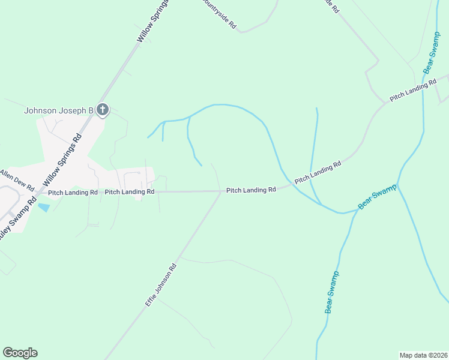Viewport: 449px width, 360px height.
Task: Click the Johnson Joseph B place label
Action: point(58,110)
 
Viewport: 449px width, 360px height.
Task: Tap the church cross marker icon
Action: point(103,110)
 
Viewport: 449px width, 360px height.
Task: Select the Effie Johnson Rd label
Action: point(161,286)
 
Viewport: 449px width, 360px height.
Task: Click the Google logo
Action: point(20,353)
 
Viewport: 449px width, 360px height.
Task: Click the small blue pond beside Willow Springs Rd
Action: point(44,207)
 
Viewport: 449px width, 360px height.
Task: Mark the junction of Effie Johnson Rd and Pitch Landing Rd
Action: point(221,192)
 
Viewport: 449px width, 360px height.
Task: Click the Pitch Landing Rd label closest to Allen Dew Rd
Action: point(73,193)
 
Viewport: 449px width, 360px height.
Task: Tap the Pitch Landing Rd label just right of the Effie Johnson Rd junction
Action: point(251,190)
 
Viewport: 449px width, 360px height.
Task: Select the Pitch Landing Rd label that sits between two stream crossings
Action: point(318,171)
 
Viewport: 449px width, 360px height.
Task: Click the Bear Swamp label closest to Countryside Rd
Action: point(432,52)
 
